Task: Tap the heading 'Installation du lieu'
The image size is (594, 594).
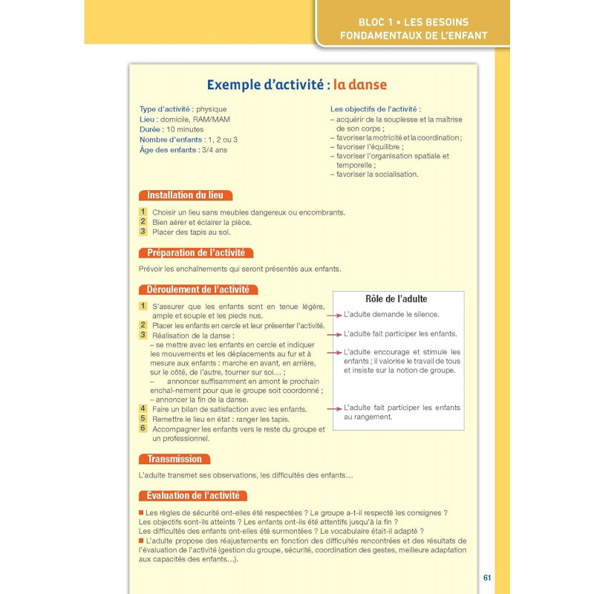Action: tap(186, 195)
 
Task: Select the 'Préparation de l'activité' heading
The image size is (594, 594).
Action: tap(196, 252)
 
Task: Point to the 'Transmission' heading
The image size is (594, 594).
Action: tap(174, 459)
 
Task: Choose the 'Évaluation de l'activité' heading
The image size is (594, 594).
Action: tap(193, 495)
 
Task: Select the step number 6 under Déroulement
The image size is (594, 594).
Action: tap(143, 428)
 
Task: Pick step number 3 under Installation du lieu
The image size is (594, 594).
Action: tap(143, 231)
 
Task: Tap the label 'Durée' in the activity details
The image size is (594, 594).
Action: tap(151, 129)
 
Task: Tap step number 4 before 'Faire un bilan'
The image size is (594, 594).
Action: tap(143, 408)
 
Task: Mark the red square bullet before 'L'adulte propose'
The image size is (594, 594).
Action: tap(142, 541)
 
